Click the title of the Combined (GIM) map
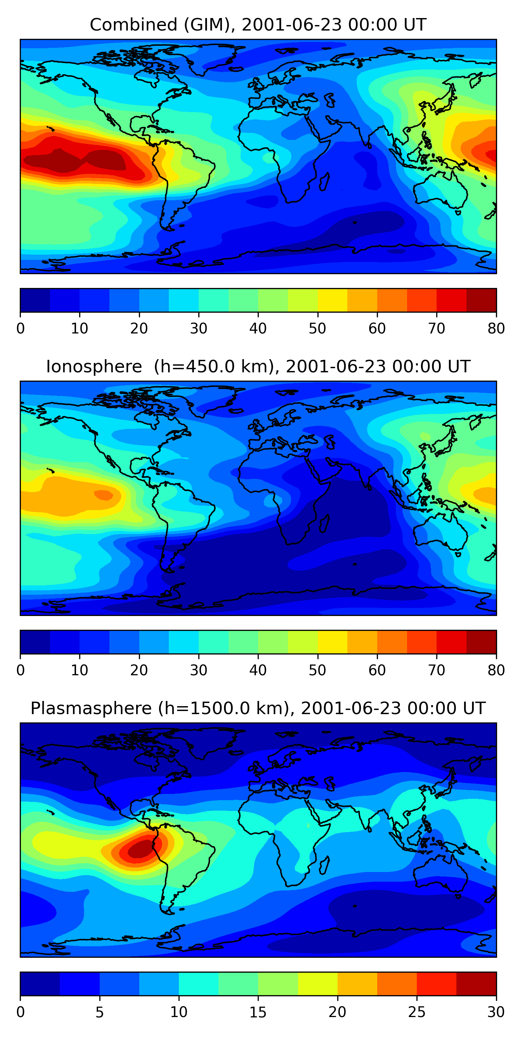[x=258, y=25]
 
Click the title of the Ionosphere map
[x=258, y=367]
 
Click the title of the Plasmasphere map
[x=258, y=709]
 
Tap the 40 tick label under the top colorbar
[x=258, y=329]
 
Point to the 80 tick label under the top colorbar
[x=496, y=329]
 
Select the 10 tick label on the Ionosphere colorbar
[x=80, y=670]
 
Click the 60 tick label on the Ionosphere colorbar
[x=377, y=670]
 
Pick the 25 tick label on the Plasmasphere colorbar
[x=417, y=1012]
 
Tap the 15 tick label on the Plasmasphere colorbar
[x=258, y=1012]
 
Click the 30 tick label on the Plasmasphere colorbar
[x=496, y=1012]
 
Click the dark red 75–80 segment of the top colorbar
[x=481, y=300]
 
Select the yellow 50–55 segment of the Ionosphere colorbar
[x=332, y=642]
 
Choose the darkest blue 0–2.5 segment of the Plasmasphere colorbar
[x=40, y=984]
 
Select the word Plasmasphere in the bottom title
[x=91, y=709]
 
